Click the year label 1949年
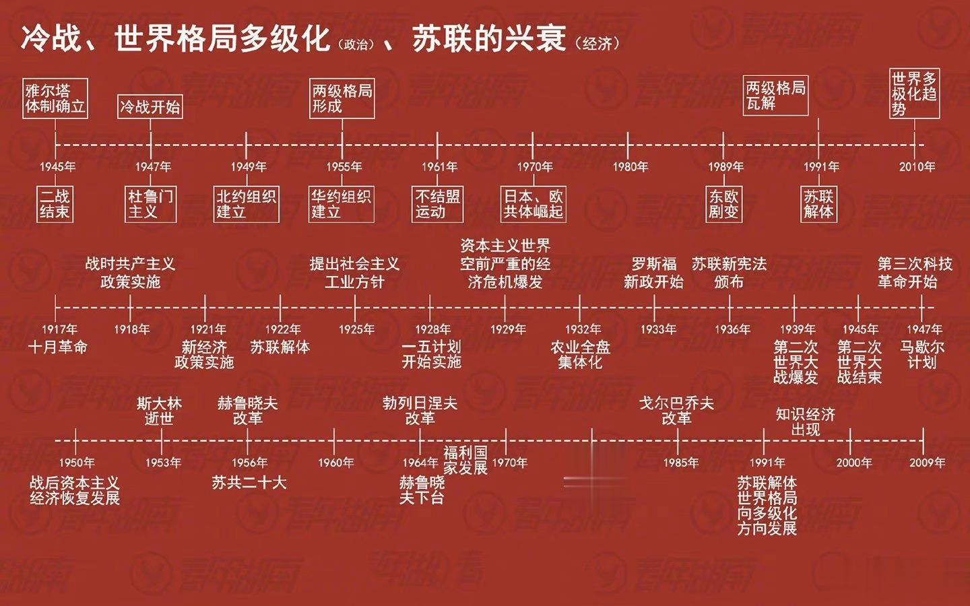point(249,167)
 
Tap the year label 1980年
point(630,167)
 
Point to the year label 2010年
point(917,167)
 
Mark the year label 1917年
point(60,329)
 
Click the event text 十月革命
point(58,347)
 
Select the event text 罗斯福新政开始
point(654,273)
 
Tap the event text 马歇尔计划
point(922,354)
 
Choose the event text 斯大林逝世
point(160,411)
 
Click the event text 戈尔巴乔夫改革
point(677,411)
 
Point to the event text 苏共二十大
point(249,483)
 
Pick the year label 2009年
point(927,463)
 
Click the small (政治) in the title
point(356,44)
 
